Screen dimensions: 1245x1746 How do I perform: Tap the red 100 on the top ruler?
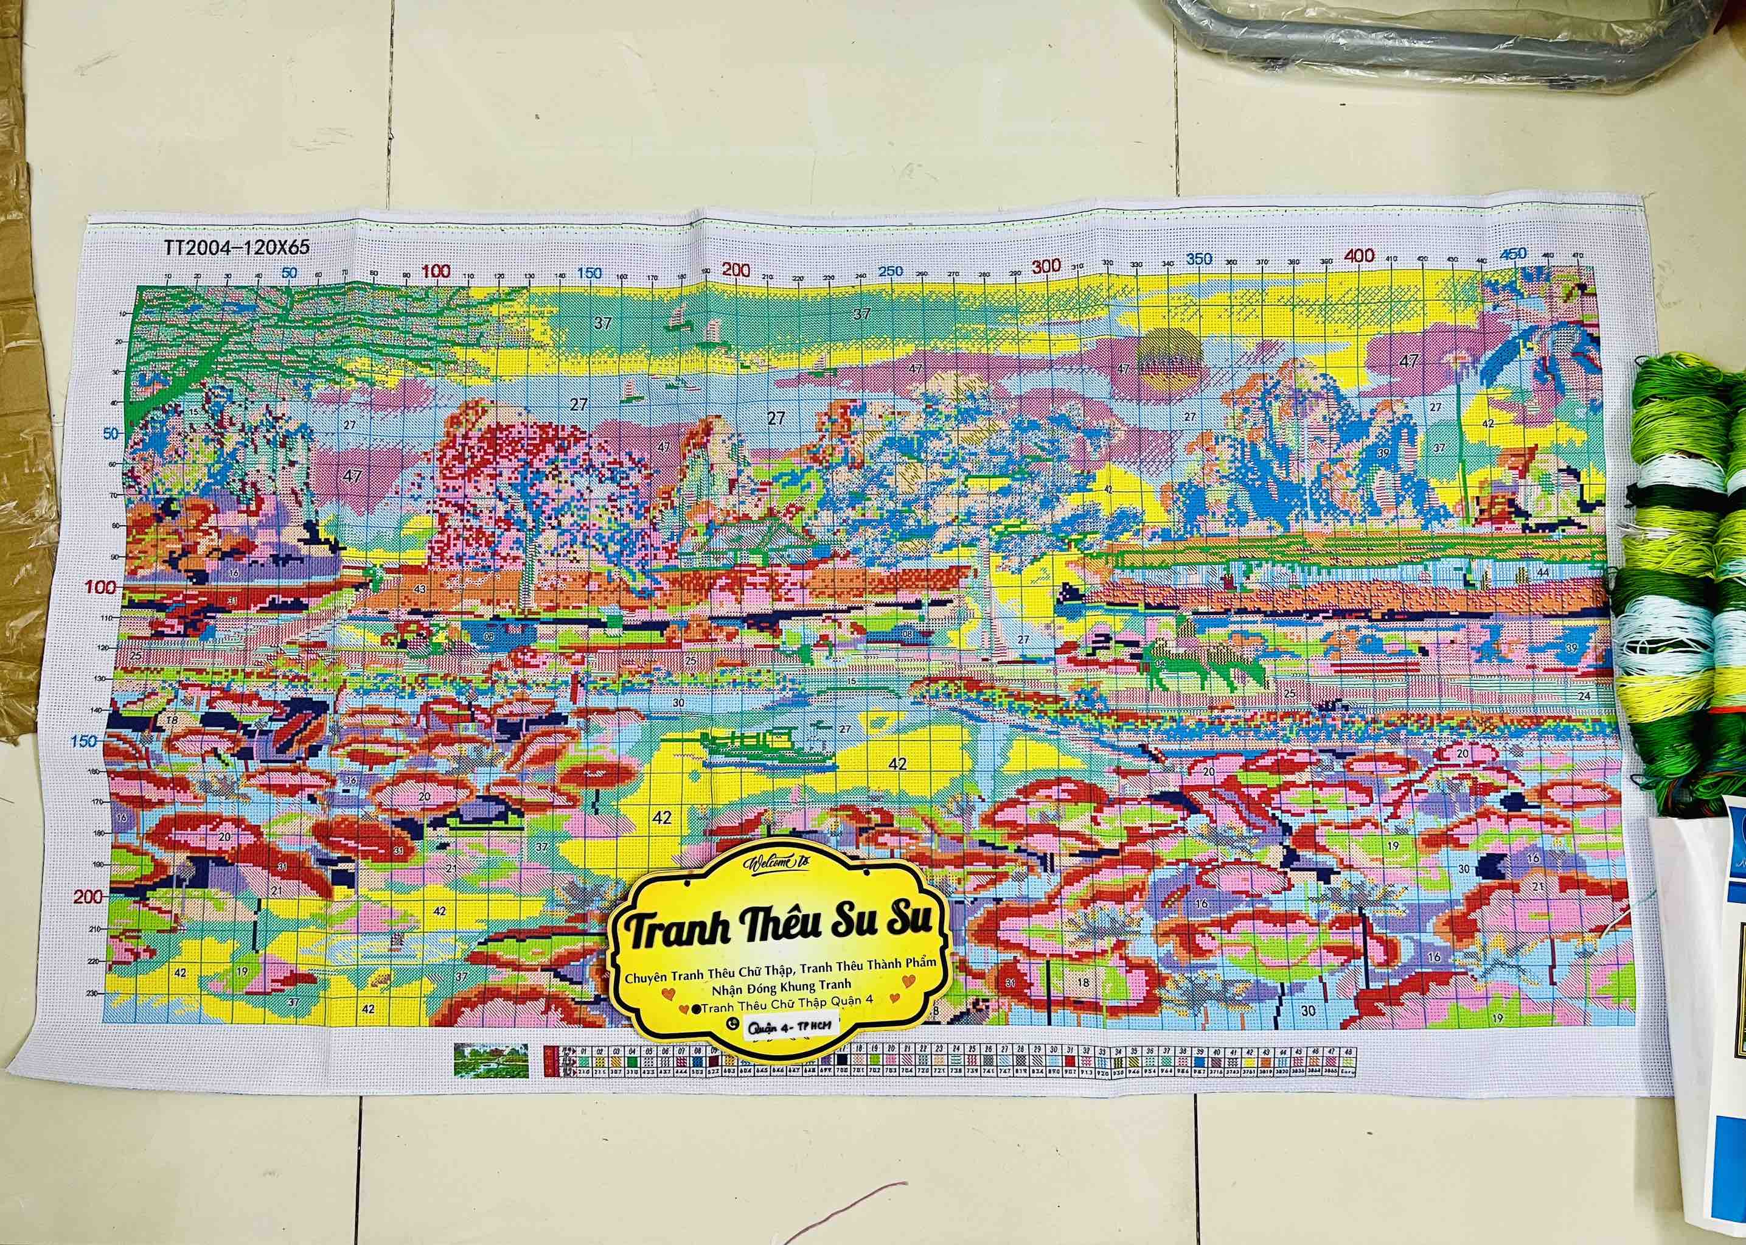click(437, 271)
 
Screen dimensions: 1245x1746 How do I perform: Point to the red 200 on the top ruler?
click(736, 269)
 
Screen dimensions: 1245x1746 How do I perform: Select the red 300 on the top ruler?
click(1045, 266)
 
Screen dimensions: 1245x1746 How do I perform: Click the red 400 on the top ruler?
click(1359, 256)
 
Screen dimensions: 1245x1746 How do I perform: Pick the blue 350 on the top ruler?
click(1200, 259)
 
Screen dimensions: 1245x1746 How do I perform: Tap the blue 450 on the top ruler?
click(1514, 253)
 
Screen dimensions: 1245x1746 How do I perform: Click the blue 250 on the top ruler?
click(891, 271)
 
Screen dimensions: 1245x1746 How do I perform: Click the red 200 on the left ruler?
click(89, 896)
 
